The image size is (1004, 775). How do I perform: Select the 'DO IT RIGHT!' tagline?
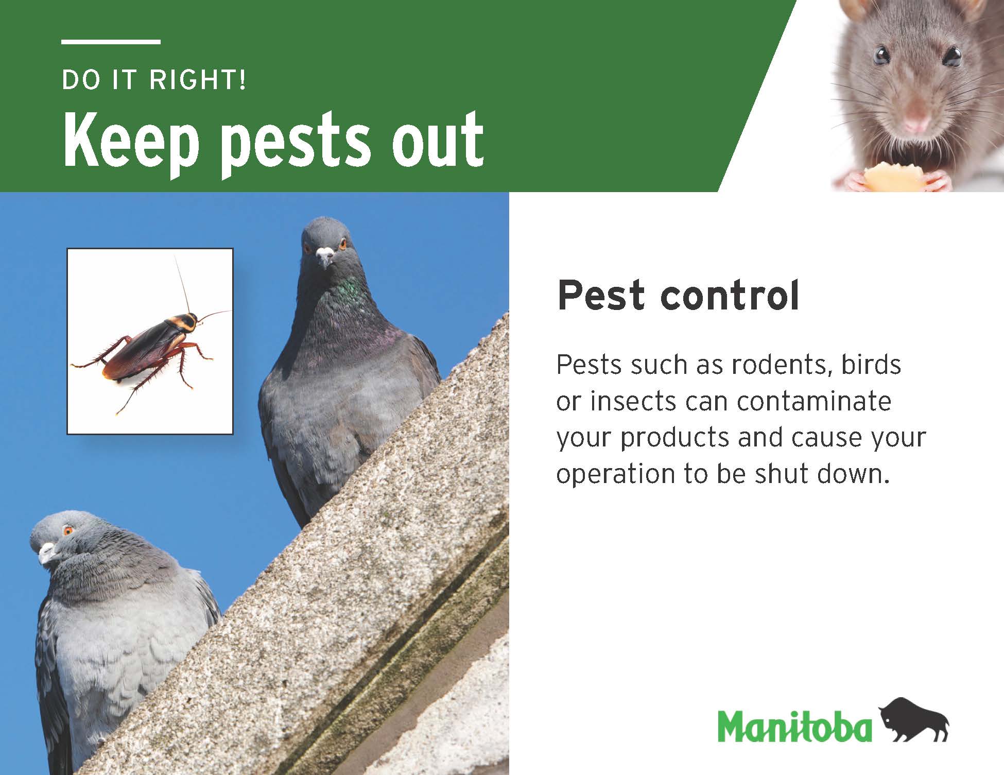154,80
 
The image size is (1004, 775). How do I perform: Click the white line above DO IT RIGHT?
111,42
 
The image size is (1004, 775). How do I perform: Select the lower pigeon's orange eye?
67,530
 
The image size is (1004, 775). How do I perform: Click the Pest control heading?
678,296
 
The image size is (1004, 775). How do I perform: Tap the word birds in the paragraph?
871,365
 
